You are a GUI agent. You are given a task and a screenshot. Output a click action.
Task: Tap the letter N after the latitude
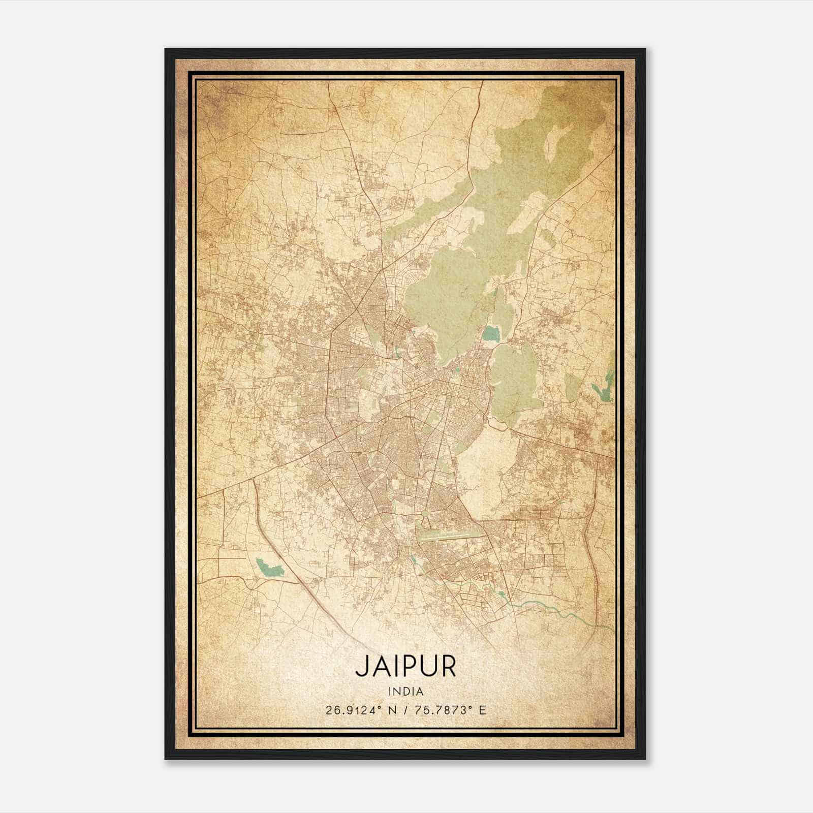391,710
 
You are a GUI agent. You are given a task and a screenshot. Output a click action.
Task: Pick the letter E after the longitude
482,710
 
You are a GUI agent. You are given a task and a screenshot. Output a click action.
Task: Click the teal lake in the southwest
269,567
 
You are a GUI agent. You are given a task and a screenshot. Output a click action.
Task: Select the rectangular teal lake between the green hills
491,334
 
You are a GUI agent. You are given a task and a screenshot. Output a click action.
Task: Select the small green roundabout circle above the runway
426,518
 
